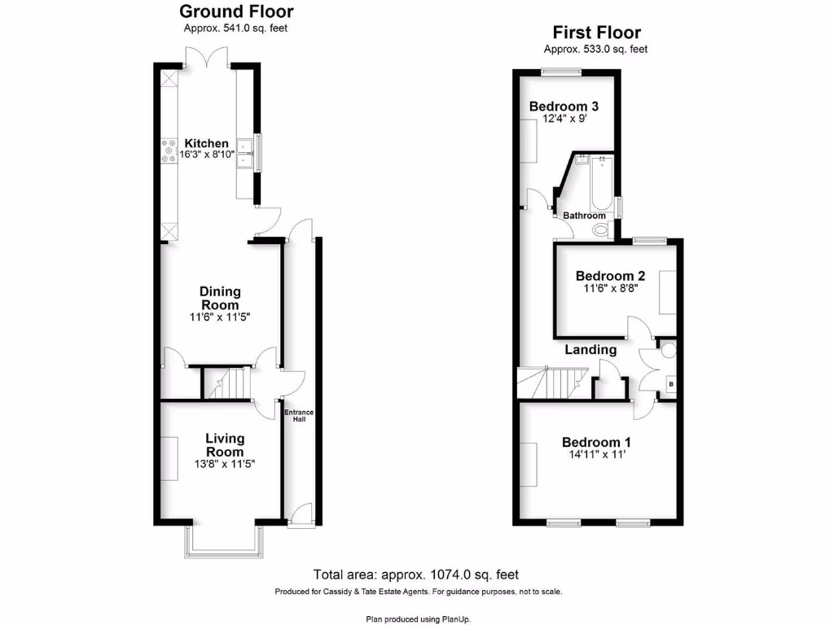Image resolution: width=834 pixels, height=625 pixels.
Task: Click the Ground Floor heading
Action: (x=236, y=11)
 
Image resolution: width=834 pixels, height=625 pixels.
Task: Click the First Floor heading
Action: (x=596, y=33)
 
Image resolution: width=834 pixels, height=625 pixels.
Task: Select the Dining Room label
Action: (x=221, y=298)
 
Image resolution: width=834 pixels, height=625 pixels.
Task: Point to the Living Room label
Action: (x=224, y=445)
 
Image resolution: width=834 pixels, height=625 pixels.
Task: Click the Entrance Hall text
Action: (x=299, y=417)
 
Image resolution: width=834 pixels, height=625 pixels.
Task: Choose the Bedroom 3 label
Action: (x=564, y=107)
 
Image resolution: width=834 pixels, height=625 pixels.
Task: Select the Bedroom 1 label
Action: (x=596, y=442)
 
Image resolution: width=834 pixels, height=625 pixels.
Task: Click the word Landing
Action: (x=591, y=350)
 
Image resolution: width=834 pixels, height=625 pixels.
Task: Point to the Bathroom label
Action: (x=585, y=216)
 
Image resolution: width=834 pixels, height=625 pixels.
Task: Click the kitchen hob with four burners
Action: (x=169, y=150)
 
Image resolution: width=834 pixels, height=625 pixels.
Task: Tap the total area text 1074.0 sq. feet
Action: (x=416, y=574)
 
